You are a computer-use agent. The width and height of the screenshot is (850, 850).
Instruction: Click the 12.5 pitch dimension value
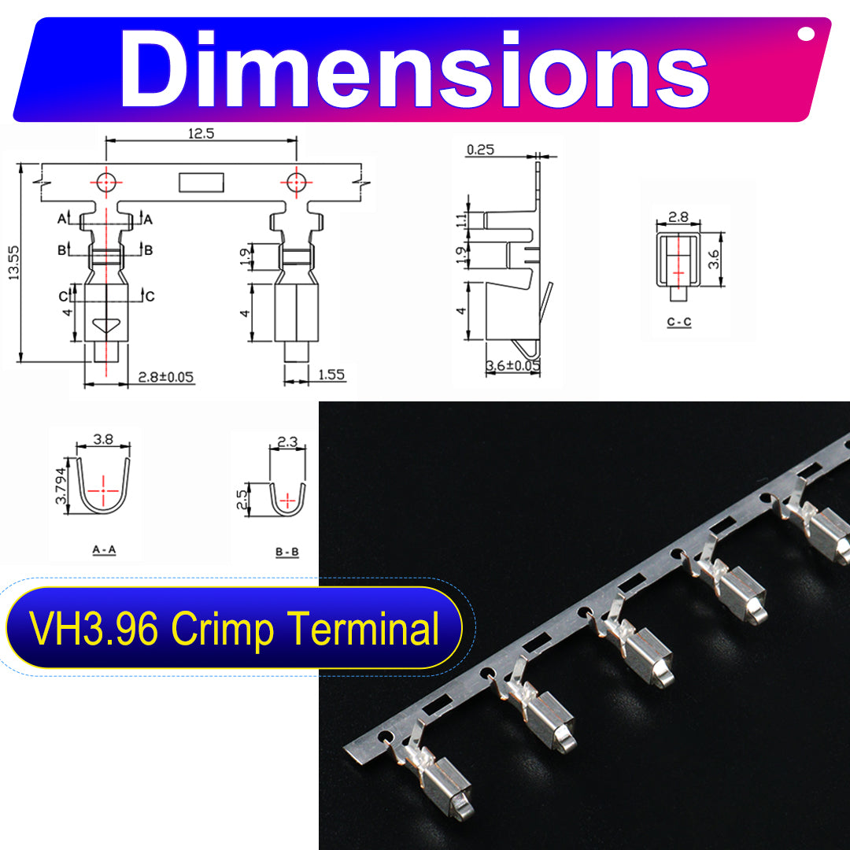201,133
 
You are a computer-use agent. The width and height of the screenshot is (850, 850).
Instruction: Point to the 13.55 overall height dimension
13,263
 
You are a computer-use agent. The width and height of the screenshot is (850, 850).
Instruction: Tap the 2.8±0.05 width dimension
166,377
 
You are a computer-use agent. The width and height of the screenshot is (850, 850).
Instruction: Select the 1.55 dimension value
331,375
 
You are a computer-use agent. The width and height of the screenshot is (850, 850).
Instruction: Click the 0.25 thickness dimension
480,150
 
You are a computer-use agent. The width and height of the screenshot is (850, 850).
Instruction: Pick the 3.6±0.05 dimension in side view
513,365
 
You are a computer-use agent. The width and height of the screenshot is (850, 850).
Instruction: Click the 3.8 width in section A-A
103,439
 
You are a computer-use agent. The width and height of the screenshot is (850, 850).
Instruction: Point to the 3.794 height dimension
61,486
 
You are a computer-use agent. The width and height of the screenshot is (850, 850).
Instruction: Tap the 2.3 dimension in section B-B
287,442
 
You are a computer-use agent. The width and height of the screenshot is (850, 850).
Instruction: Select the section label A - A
104,549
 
